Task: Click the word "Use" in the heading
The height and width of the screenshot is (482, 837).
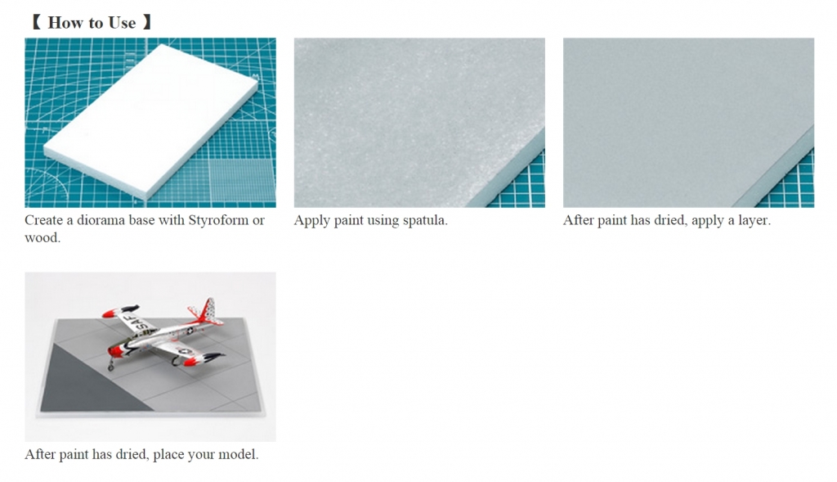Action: coord(122,23)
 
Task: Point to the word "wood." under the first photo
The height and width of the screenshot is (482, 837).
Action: coord(43,238)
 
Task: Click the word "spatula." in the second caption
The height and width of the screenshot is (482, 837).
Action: coord(425,221)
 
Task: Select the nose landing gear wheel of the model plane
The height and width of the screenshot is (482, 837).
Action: coord(111,367)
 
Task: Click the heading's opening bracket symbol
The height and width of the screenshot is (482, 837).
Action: coord(36,23)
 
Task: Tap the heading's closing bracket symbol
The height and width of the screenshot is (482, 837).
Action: coord(147,23)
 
